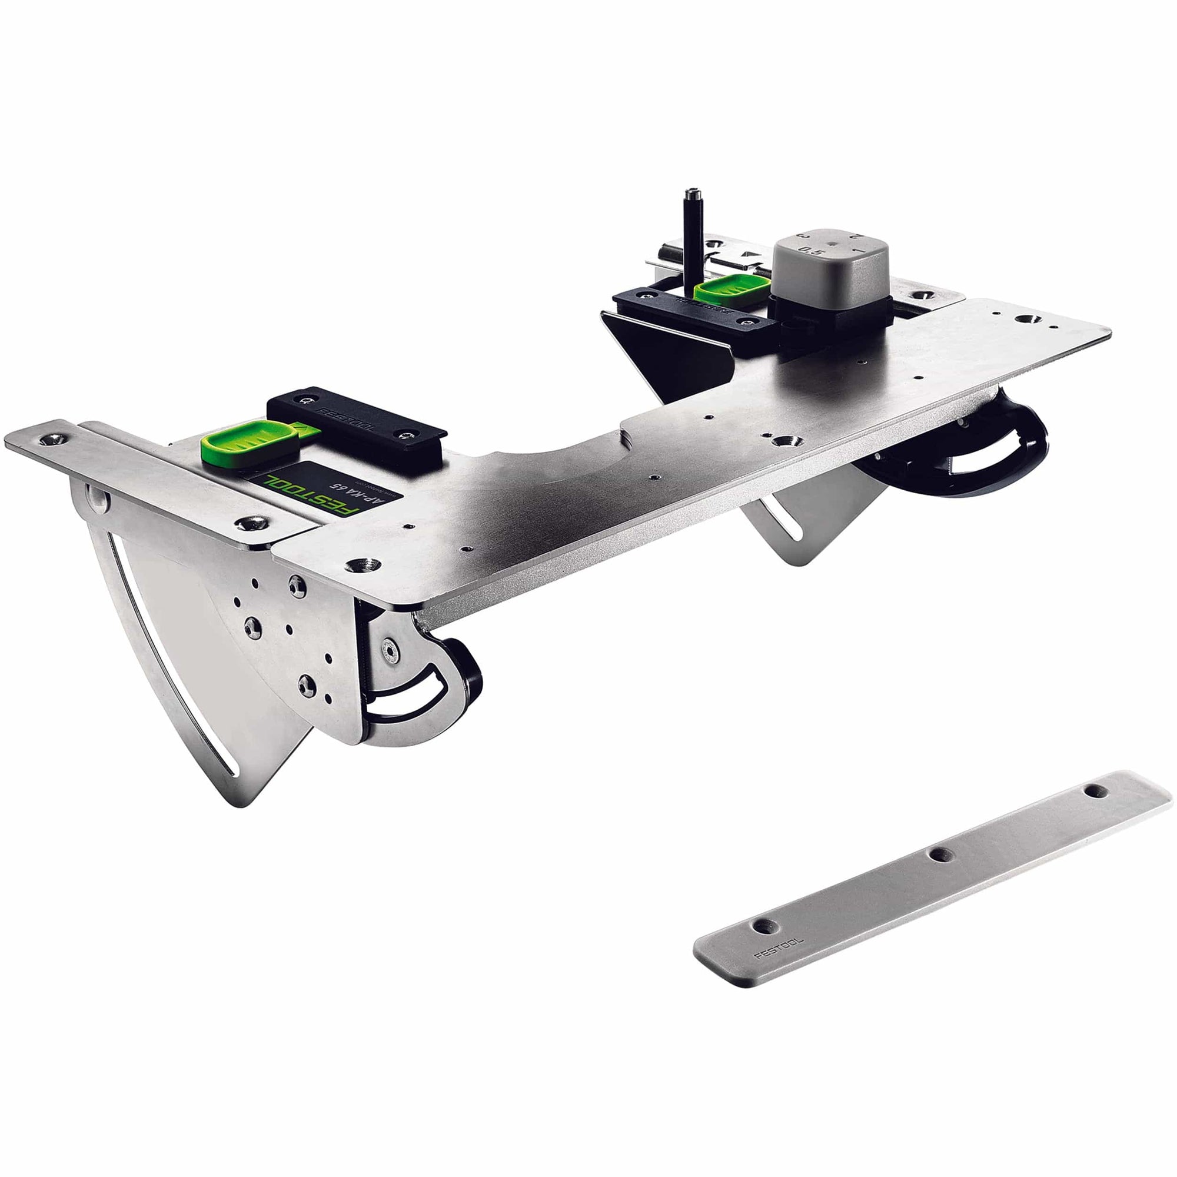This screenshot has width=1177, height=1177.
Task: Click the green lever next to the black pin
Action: [x=730, y=290]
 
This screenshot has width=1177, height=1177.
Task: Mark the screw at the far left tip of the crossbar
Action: [x=51, y=438]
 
